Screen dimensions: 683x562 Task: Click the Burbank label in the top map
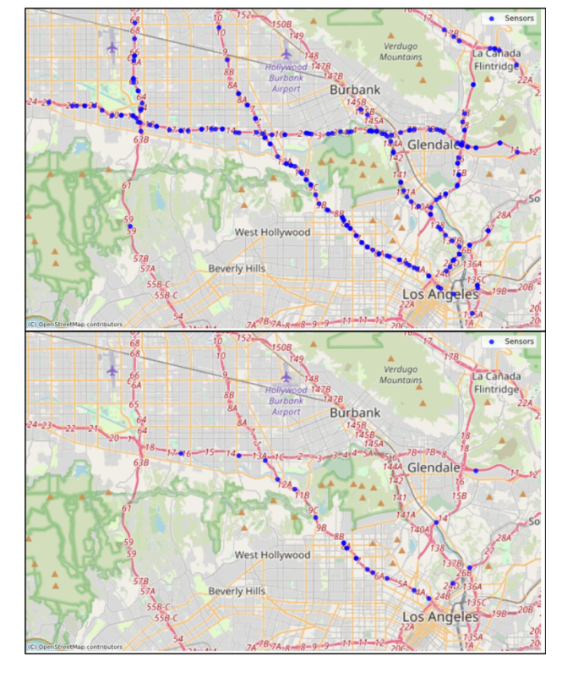pyautogui.click(x=355, y=89)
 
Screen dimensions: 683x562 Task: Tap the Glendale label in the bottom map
pyautogui.click(x=434, y=467)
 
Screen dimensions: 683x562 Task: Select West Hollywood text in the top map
pyautogui.click(x=272, y=232)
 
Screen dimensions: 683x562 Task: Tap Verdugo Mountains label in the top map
pyautogui.click(x=401, y=52)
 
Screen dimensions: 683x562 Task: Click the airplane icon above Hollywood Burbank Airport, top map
pyautogui.click(x=286, y=52)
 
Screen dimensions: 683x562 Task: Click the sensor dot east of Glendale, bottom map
pyautogui.click(x=476, y=470)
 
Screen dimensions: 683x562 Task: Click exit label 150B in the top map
pyautogui.click(x=281, y=25)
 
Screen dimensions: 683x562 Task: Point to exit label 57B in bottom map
pyautogui.click(x=143, y=581)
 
